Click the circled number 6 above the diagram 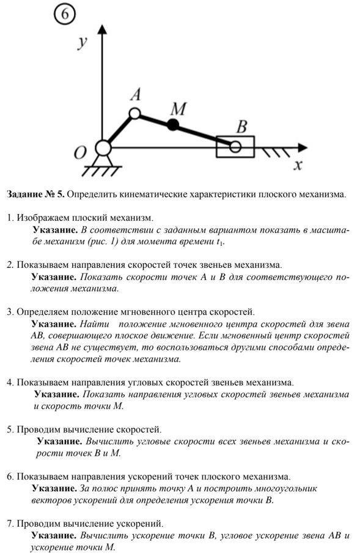(x=64, y=15)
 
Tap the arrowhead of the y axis (x=103, y=29)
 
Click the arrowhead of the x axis (x=303, y=147)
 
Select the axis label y (x=82, y=42)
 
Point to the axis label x (x=298, y=165)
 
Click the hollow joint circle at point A (x=134, y=114)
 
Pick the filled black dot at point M (x=173, y=124)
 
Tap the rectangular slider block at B (x=235, y=146)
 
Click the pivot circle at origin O (x=103, y=148)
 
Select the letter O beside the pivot (x=80, y=153)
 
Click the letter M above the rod (x=178, y=108)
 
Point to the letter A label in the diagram (x=136, y=95)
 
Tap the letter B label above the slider (x=241, y=127)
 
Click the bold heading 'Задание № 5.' (x=35, y=195)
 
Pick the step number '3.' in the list (x=10, y=312)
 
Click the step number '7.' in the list (x=10, y=524)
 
